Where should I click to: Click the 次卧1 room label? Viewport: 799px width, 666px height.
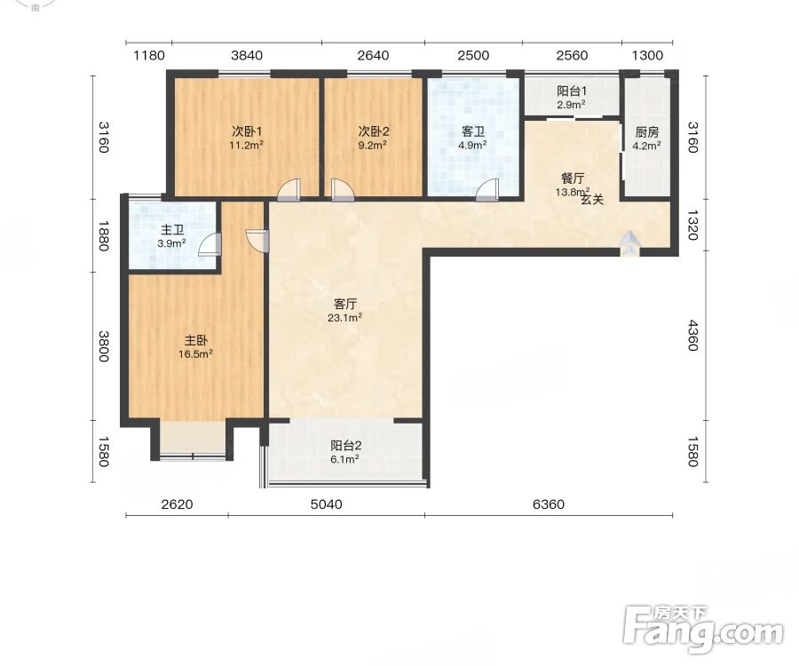[247, 131]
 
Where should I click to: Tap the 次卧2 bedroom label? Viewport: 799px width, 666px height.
[374, 131]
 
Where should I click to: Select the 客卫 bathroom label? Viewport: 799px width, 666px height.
[473, 132]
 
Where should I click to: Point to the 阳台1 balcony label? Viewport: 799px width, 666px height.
[572, 91]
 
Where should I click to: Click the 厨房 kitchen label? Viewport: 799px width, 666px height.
[647, 132]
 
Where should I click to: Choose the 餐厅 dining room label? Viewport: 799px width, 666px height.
[573, 178]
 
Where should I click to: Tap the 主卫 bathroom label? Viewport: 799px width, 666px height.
[171, 230]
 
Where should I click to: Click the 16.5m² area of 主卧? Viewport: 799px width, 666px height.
[195, 353]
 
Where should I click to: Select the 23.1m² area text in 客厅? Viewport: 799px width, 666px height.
[345, 317]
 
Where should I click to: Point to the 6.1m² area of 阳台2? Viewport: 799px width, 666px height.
[345, 458]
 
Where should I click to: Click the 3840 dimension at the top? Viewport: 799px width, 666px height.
[247, 55]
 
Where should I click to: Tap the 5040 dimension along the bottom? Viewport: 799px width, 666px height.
[326, 504]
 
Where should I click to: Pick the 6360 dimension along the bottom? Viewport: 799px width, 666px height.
[549, 504]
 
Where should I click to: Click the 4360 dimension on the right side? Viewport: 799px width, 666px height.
[692, 336]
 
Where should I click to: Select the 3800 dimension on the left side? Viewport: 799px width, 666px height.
[104, 346]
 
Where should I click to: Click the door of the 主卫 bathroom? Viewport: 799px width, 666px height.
[210, 243]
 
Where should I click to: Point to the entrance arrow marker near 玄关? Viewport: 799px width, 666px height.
[629, 243]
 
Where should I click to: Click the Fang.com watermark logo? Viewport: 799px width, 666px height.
[703, 630]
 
